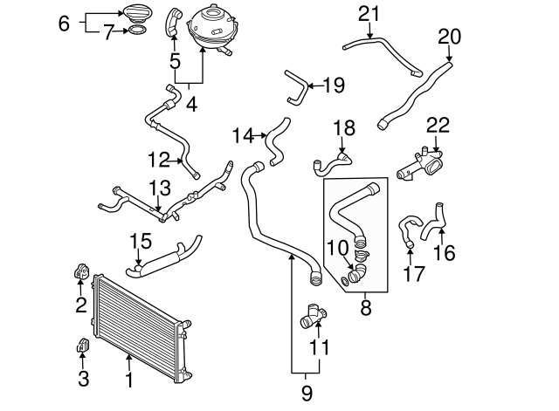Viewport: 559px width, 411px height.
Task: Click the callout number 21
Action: click(369, 13)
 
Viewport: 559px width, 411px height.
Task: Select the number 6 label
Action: click(63, 24)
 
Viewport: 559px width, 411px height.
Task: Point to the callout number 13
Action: click(160, 188)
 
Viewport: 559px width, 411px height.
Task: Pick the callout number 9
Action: click(307, 393)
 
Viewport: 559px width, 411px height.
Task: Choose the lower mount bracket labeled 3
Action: click(80, 346)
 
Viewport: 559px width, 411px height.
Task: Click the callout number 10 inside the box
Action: click(337, 248)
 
